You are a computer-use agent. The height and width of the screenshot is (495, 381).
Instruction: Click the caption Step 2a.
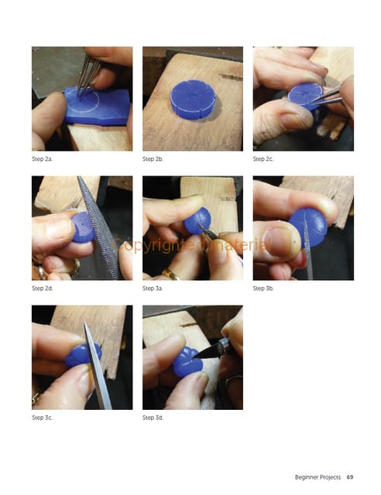pos(42,159)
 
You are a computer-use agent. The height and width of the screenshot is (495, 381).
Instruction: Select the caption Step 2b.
pos(153,159)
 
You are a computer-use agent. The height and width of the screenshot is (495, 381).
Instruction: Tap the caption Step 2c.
pos(263,159)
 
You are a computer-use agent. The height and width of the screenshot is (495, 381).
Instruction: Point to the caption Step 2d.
pos(43,288)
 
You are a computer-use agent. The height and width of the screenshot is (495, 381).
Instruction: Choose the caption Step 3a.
pos(153,288)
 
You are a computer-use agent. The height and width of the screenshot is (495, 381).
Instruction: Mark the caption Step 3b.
pos(263,288)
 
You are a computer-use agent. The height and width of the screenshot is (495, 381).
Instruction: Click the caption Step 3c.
pos(42,418)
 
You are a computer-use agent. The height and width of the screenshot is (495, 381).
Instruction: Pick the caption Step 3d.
pos(153,418)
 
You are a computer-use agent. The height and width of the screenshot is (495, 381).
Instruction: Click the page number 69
pos(350,477)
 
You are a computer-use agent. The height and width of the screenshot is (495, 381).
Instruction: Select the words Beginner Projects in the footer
pos(317,477)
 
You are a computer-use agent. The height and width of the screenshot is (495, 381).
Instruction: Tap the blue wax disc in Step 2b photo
pos(193,99)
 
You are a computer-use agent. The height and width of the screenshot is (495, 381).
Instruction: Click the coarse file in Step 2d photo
pos(99,227)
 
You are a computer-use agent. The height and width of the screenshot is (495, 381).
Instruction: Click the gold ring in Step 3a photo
pos(170,275)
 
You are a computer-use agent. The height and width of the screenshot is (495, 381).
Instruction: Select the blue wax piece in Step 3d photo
pos(188,362)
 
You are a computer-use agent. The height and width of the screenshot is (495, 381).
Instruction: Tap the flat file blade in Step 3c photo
pos(98,366)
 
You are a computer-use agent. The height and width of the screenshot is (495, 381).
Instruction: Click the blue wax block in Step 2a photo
pos(98,106)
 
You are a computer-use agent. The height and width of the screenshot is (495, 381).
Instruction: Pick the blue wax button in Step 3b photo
pos(308,227)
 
